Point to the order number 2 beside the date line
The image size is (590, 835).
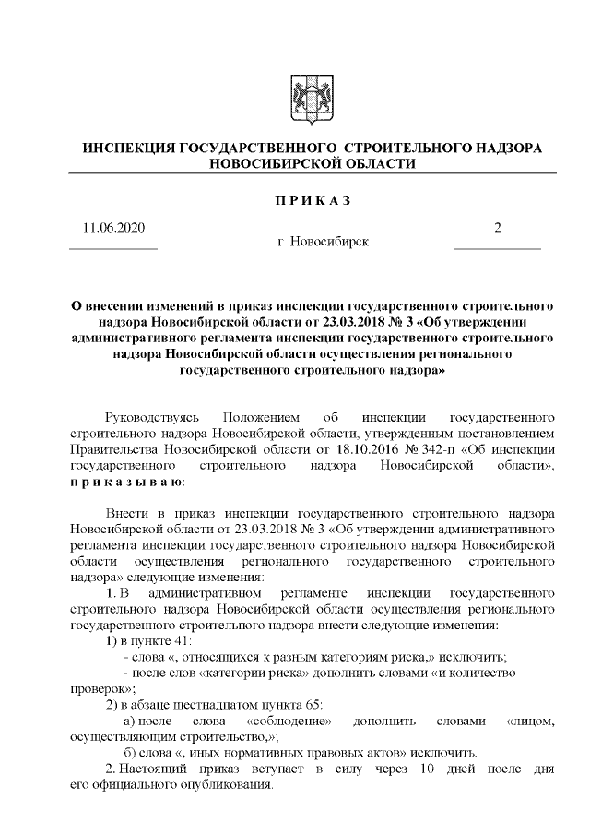coord(498,228)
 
